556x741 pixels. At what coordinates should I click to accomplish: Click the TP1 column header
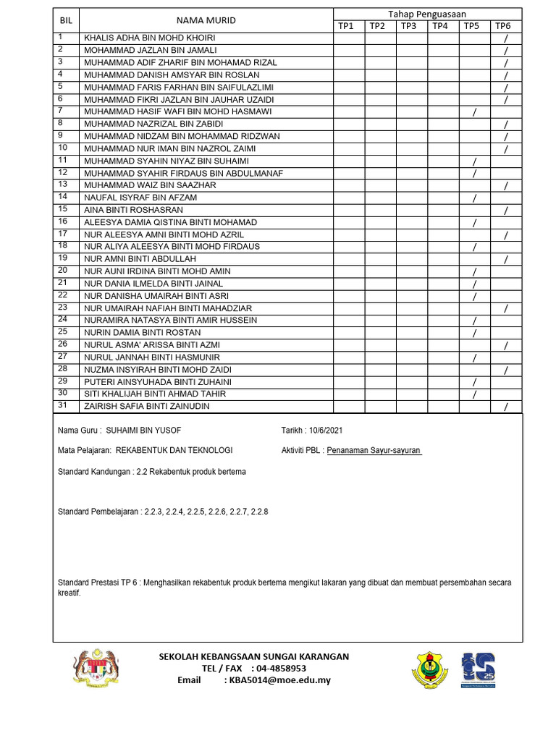(x=346, y=26)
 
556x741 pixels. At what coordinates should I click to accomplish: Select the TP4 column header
(x=440, y=26)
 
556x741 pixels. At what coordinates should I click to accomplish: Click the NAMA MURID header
(x=206, y=20)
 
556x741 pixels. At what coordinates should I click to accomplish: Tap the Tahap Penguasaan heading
(x=427, y=14)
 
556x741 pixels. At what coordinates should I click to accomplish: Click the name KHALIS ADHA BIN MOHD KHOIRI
(x=150, y=38)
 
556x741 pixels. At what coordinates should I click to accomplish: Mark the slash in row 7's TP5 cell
(x=474, y=112)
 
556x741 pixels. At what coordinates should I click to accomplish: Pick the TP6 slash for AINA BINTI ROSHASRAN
(x=506, y=211)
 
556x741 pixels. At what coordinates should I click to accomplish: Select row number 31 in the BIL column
(x=63, y=406)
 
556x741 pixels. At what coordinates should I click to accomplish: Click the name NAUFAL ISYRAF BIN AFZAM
(x=140, y=198)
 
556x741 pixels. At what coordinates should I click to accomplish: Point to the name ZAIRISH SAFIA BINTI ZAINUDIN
(x=151, y=407)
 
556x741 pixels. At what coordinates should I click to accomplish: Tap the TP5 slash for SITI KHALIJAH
(x=474, y=394)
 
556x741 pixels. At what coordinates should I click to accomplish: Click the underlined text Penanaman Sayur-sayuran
(x=374, y=451)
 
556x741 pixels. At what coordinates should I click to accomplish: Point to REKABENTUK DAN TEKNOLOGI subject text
(x=174, y=451)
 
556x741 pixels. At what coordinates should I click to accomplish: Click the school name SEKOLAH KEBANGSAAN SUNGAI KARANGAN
(x=253, y=656)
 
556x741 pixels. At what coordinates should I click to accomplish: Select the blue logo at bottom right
(x=479, y=669)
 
